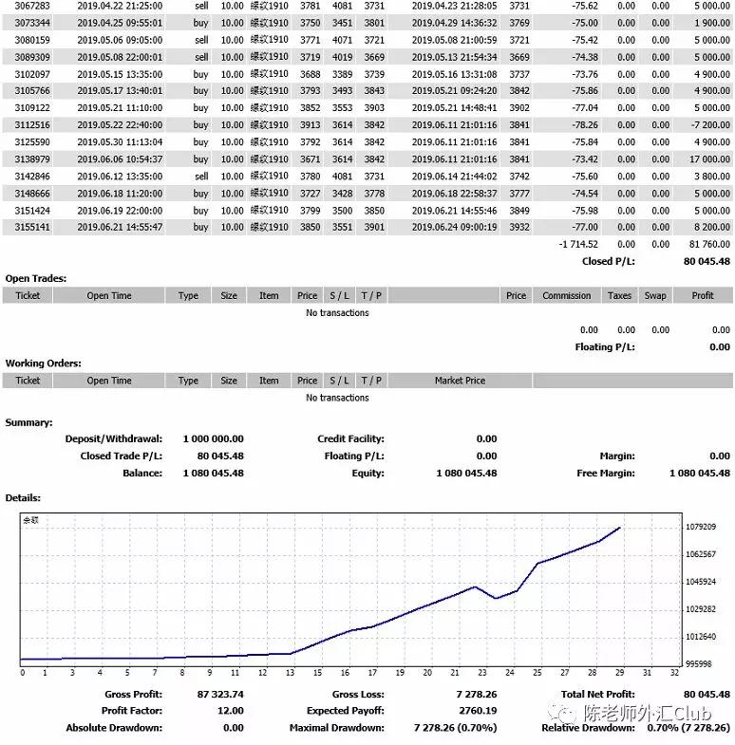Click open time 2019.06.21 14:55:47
pos(120,228)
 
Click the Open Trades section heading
pos(36,279)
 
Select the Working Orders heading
pos(43,363)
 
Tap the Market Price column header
pos(460,381)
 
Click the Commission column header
pos(567,296)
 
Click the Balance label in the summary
pos(142,474)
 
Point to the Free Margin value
pos(700,474)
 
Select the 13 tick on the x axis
pos(290,673)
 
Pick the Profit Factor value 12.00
pos(229,711)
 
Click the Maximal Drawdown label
pos(336,728)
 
